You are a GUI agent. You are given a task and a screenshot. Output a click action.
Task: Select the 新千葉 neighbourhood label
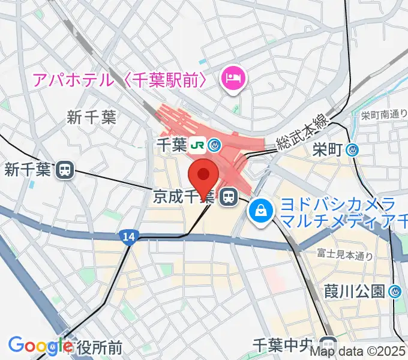point(91,117)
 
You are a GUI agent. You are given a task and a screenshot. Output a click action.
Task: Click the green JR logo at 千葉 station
point(196,145)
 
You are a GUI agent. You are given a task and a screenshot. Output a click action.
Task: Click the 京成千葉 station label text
point(182,196)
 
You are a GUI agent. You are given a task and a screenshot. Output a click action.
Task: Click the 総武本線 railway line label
point(302,134)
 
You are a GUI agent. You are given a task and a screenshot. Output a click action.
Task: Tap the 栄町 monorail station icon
point(353,150)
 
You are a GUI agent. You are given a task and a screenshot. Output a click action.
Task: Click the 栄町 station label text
point(328,150)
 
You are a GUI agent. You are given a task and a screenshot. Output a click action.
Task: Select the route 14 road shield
point(128,237)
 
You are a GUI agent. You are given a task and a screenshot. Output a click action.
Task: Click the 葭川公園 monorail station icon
point(395,292)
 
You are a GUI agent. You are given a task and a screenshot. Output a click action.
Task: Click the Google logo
point(40,346)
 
